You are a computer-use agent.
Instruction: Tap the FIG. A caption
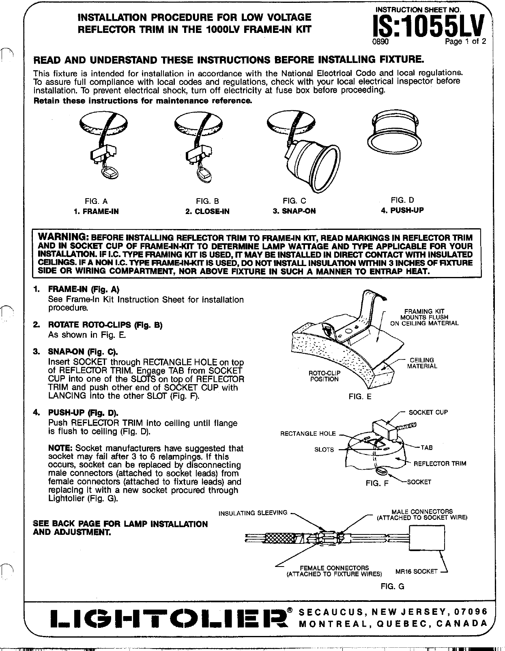(96, 201)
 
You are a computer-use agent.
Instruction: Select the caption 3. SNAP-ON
(294, 211)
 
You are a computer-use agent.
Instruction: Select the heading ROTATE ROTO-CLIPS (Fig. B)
(105, 325)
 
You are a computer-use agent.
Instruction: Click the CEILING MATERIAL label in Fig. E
(422, 363)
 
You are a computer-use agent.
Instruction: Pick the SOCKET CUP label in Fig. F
(428, 412)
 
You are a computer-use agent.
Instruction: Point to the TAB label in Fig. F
(427, 448)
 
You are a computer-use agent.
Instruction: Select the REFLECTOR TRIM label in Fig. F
(440, 463)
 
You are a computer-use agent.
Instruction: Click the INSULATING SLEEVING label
(253, 513)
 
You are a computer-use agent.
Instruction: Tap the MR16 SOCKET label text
(416, 571)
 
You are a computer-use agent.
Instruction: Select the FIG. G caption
(392, 586)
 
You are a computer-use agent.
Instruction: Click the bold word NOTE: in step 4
(60, 448)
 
